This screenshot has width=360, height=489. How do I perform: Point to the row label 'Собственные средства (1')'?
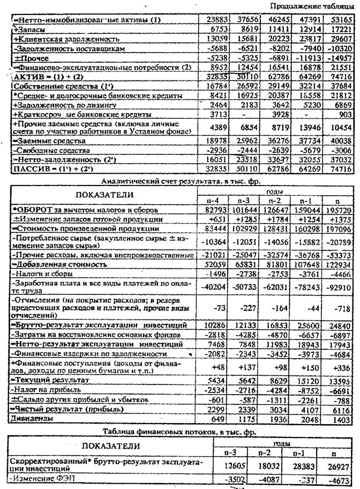(x=53, y=86)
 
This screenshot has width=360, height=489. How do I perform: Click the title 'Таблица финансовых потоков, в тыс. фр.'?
(x=177, y=431)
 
